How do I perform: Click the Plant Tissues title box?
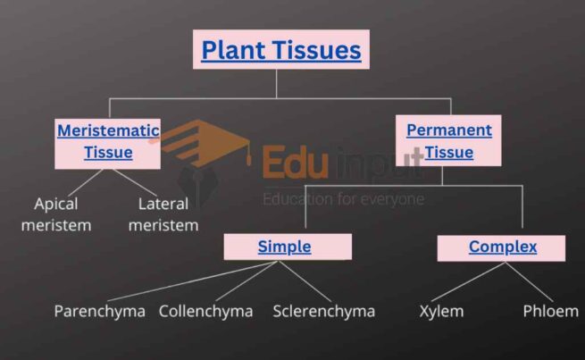click(x=281, y=49)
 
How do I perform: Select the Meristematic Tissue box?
click(x=108, y=141)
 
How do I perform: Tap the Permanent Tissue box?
click(x=448, y=141)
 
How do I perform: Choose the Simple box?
click(x=285, y=247)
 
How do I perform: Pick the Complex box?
click(x=502, y=247)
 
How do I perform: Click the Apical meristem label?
click(x=63, y=213)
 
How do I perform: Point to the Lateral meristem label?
click(x=163, y=213)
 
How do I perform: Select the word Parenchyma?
click(x=99, y=311)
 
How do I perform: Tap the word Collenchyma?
click(x=205, y=311)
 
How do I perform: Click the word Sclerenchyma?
click(x=324, y=311)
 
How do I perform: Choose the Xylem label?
click(x=441, y=311)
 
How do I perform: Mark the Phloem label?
click(x=550, y=311)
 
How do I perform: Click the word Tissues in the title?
click(x=318, y=49)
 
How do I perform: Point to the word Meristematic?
click(x=108, y=130)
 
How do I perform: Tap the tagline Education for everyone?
click(x=343, y=198)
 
